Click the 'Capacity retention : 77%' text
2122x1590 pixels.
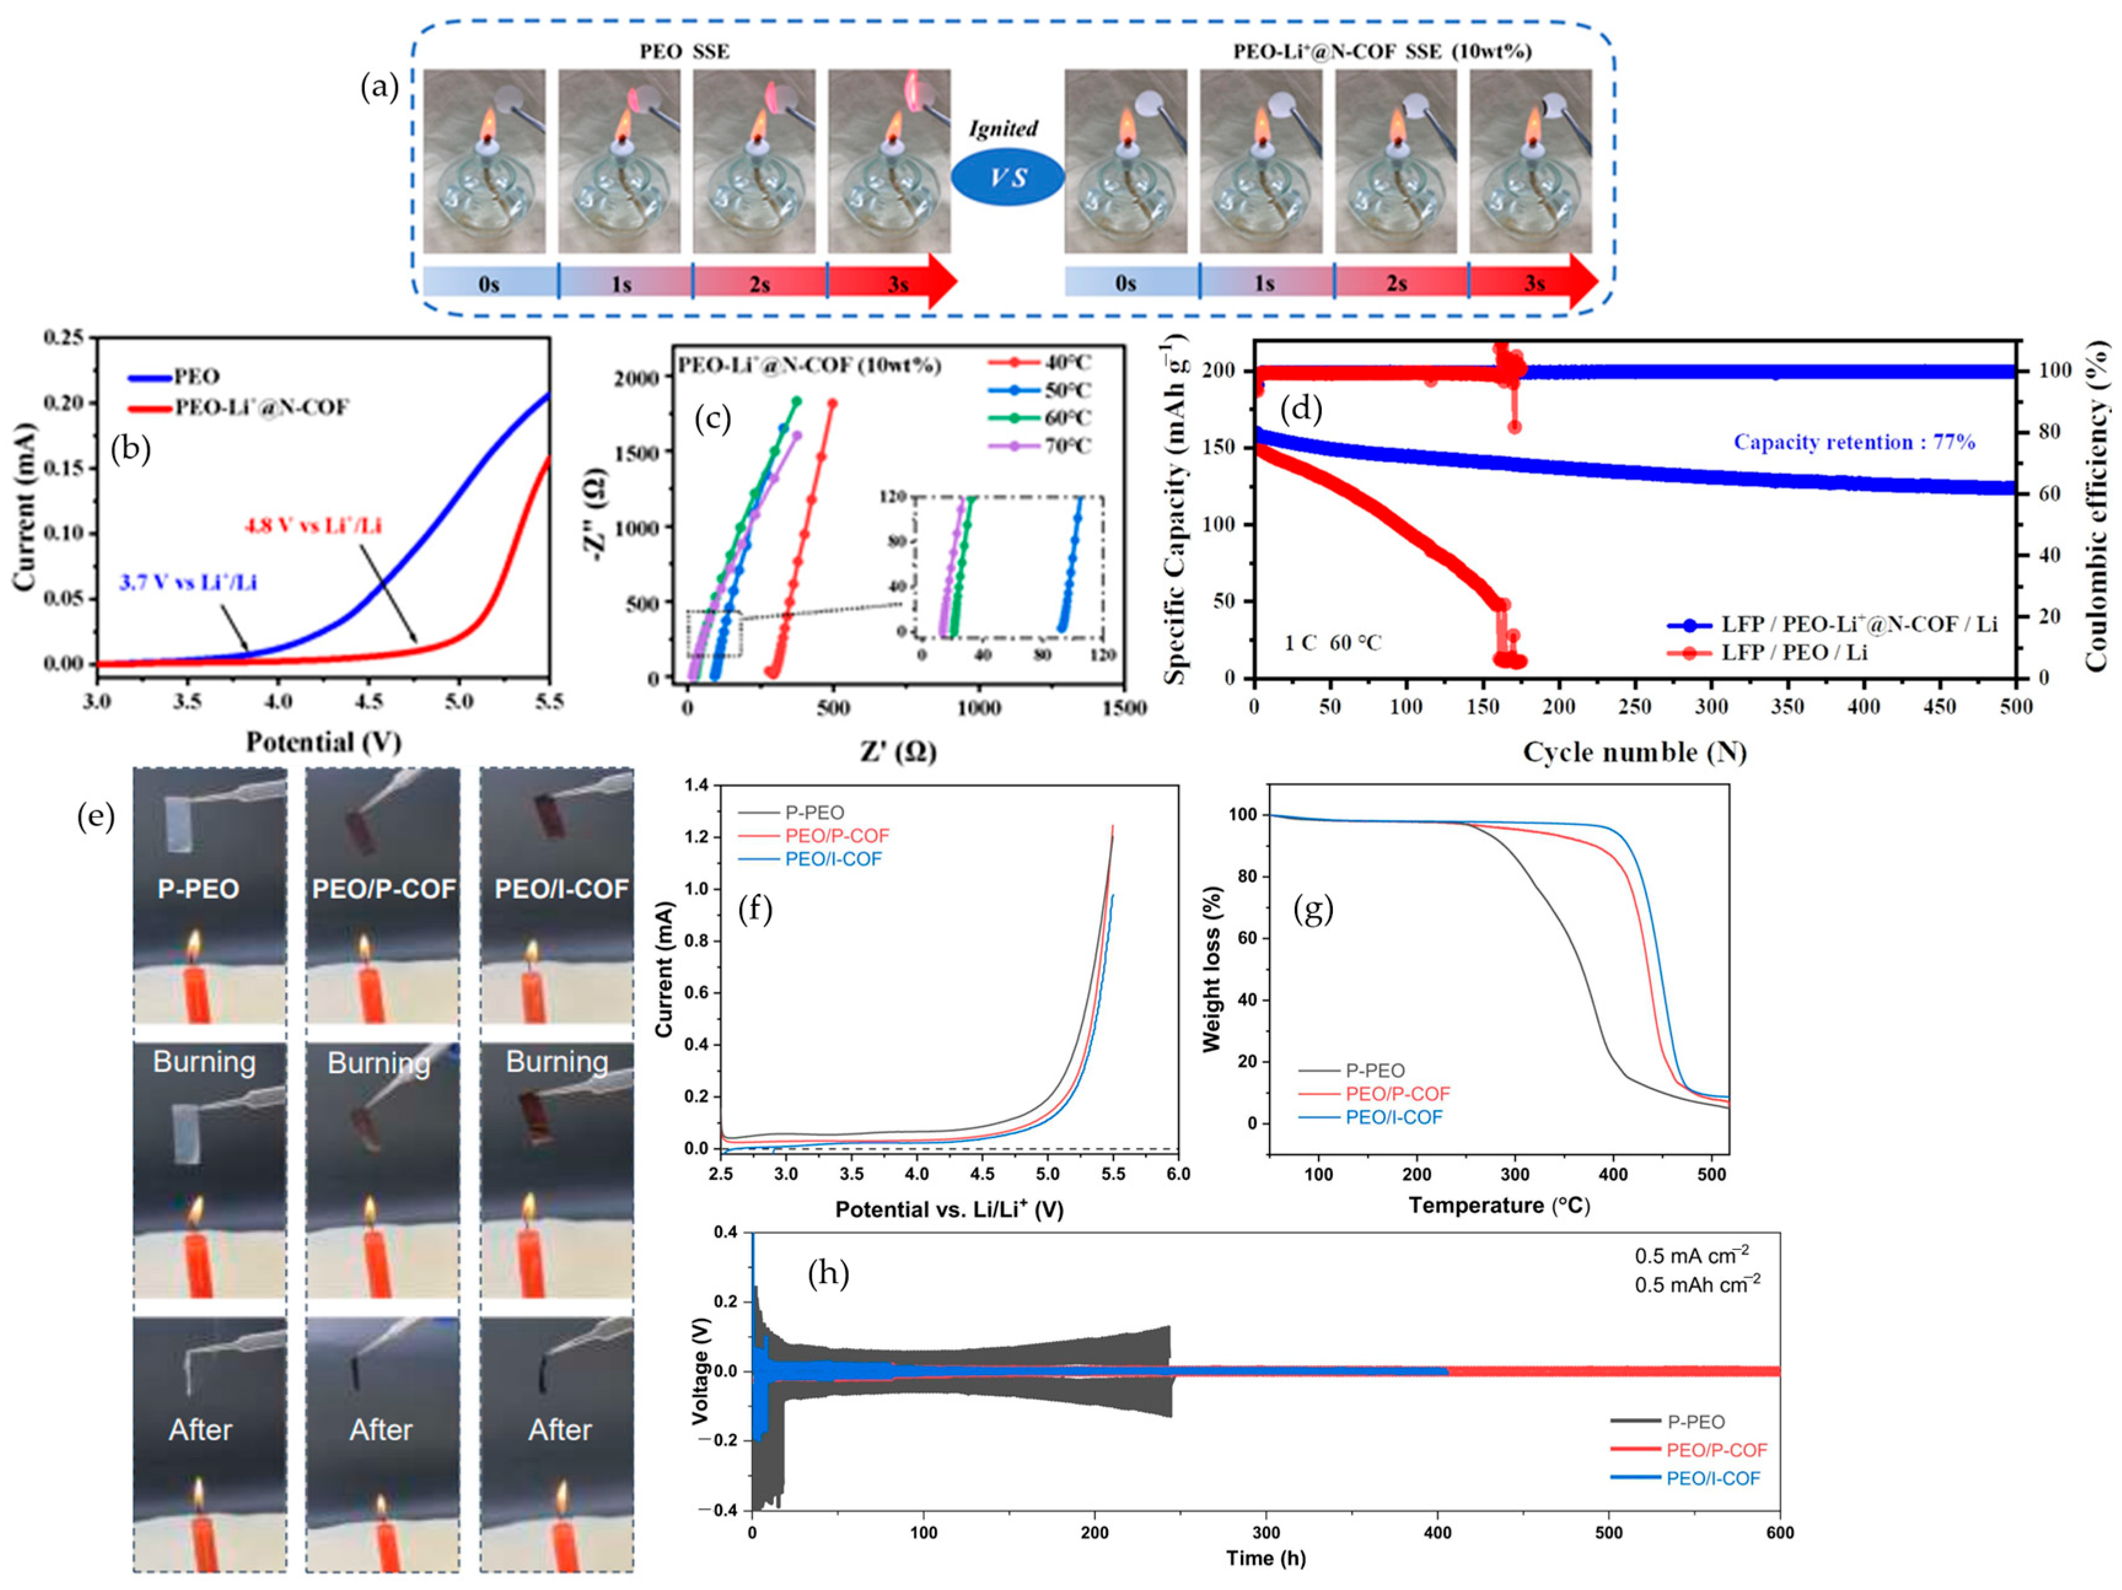click(x=1854, y=442)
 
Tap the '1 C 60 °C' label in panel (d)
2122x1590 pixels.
click(x=1333, y=643)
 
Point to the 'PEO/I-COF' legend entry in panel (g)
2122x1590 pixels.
click(x=1393, y=1117)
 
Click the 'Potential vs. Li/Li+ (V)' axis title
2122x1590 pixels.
click(x=949, y=1209)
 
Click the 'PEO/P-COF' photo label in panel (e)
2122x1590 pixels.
click(x=384, y=889)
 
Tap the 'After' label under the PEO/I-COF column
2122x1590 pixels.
click(x=560, y=1430)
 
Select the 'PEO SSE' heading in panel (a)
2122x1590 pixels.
click(x=684, y=51)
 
